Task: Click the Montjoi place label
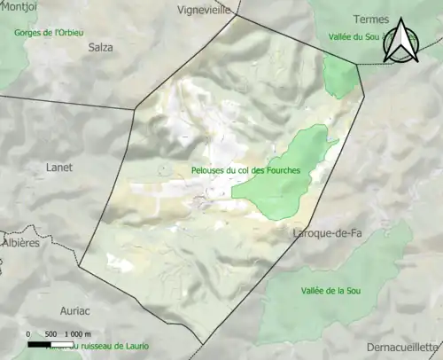(x=19, y=7)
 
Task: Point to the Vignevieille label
(x=204, y=11)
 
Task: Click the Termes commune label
(x=370, y=19)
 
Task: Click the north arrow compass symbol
(x=403, y=42)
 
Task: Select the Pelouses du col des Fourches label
(x=245, y=170)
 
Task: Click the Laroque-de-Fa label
(x=327, y=233)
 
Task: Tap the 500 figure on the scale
(x=51, y=333)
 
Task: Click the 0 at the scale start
(x=29, y=333)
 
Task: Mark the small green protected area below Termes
(x=341, y=75)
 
